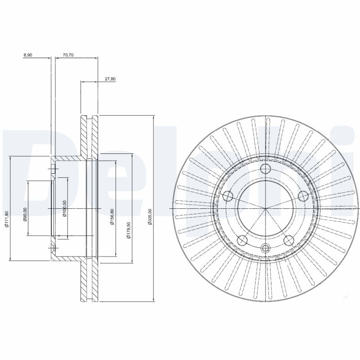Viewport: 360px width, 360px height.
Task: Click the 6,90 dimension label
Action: tap(28, 55)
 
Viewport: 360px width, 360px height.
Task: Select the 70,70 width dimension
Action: tap(68, 55)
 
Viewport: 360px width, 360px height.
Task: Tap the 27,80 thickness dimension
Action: tap(110, 79)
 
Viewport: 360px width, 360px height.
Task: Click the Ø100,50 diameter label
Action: tap(65, 208)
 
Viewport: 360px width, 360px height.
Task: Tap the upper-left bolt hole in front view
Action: tap(229, 196)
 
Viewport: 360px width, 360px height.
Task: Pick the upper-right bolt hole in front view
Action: tap(303, 196)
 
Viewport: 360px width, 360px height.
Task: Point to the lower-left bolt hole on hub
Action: tap(243, 240)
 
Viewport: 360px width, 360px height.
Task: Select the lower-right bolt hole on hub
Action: tap(289, 240)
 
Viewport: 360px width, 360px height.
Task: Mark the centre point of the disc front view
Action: tap(266, 209)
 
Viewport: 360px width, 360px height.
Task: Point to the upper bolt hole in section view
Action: tap(53, 170)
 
